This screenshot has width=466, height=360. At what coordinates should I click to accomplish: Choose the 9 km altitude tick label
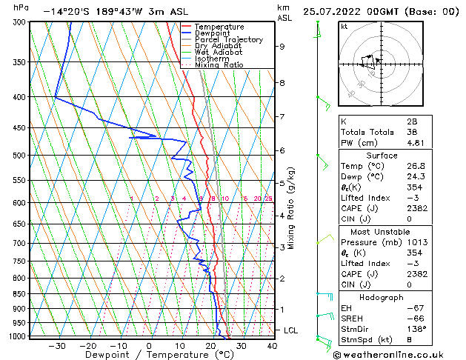282,46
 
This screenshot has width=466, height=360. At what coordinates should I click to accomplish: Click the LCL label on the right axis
292,330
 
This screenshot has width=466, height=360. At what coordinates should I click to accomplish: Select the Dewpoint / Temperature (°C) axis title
149,355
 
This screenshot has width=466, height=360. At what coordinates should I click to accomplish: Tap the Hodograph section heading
382,297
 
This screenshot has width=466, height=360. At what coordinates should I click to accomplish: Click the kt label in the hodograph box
344,27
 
